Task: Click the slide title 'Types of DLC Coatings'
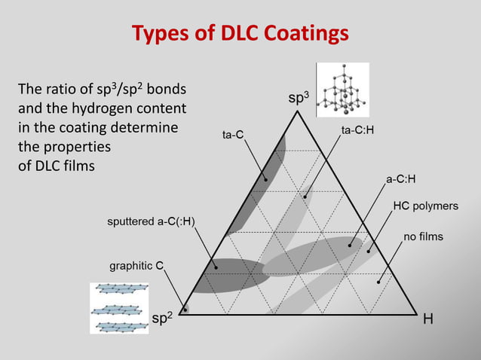240,34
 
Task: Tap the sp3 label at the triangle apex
299,99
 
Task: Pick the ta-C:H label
357,130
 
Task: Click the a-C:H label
401,179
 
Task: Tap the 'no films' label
424,236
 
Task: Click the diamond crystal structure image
342,90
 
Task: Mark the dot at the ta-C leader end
266,179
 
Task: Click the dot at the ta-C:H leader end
305,197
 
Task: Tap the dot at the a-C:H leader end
350,245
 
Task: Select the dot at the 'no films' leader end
378,282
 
